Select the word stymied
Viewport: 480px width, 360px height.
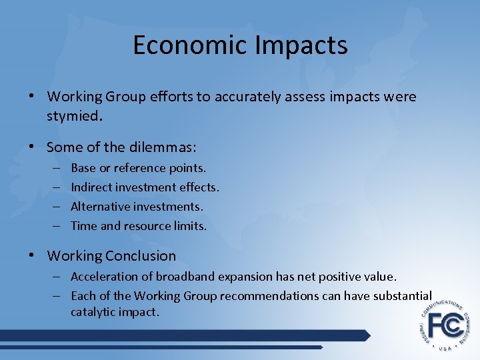click(x=74, y=117)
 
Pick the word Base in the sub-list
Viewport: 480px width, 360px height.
click(x=83, y=168)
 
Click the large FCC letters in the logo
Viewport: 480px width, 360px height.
click(x=445, y=325)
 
